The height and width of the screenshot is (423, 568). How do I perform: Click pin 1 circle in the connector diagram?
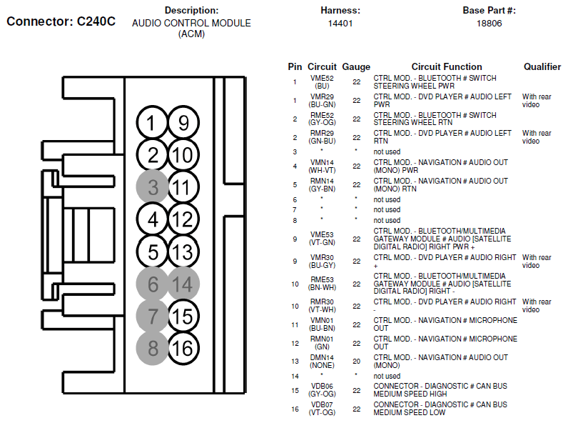[x=152, y=123]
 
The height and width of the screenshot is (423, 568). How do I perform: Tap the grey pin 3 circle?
[x=152, y=187]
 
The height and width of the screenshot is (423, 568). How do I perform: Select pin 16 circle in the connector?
[x=183, y=348]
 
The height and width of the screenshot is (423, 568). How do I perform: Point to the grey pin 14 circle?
[x=183, y=284]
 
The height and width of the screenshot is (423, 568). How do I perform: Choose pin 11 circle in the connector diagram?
[x=183, y=187]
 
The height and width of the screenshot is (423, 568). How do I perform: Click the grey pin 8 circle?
[x=152, y=348]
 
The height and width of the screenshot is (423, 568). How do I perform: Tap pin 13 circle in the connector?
[x=183, y=252]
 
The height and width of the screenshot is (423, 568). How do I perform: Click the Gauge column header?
[x=356, y=66]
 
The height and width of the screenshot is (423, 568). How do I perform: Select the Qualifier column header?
[x=542, y=66]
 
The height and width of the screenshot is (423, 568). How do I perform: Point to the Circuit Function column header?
[x=447, y=66]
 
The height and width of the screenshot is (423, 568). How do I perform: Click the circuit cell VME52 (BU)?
[x=322, y=82]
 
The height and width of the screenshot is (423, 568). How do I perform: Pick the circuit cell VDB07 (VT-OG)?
[x=322, y=409]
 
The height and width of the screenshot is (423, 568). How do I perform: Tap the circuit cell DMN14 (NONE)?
[x=322, y=362]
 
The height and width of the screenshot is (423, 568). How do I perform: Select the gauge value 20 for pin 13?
[x=357, y=362]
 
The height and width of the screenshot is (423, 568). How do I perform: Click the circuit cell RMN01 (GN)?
[x=322, y=343]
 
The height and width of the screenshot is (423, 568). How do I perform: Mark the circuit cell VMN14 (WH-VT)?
[x=322, y=166]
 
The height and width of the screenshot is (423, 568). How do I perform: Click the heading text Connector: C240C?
[x=61, y=21]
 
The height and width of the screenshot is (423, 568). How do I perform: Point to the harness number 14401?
[x=340, y=24]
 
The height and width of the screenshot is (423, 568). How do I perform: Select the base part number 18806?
[x=489, y=24]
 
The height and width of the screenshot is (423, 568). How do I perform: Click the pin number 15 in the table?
[x=295, y=390]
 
